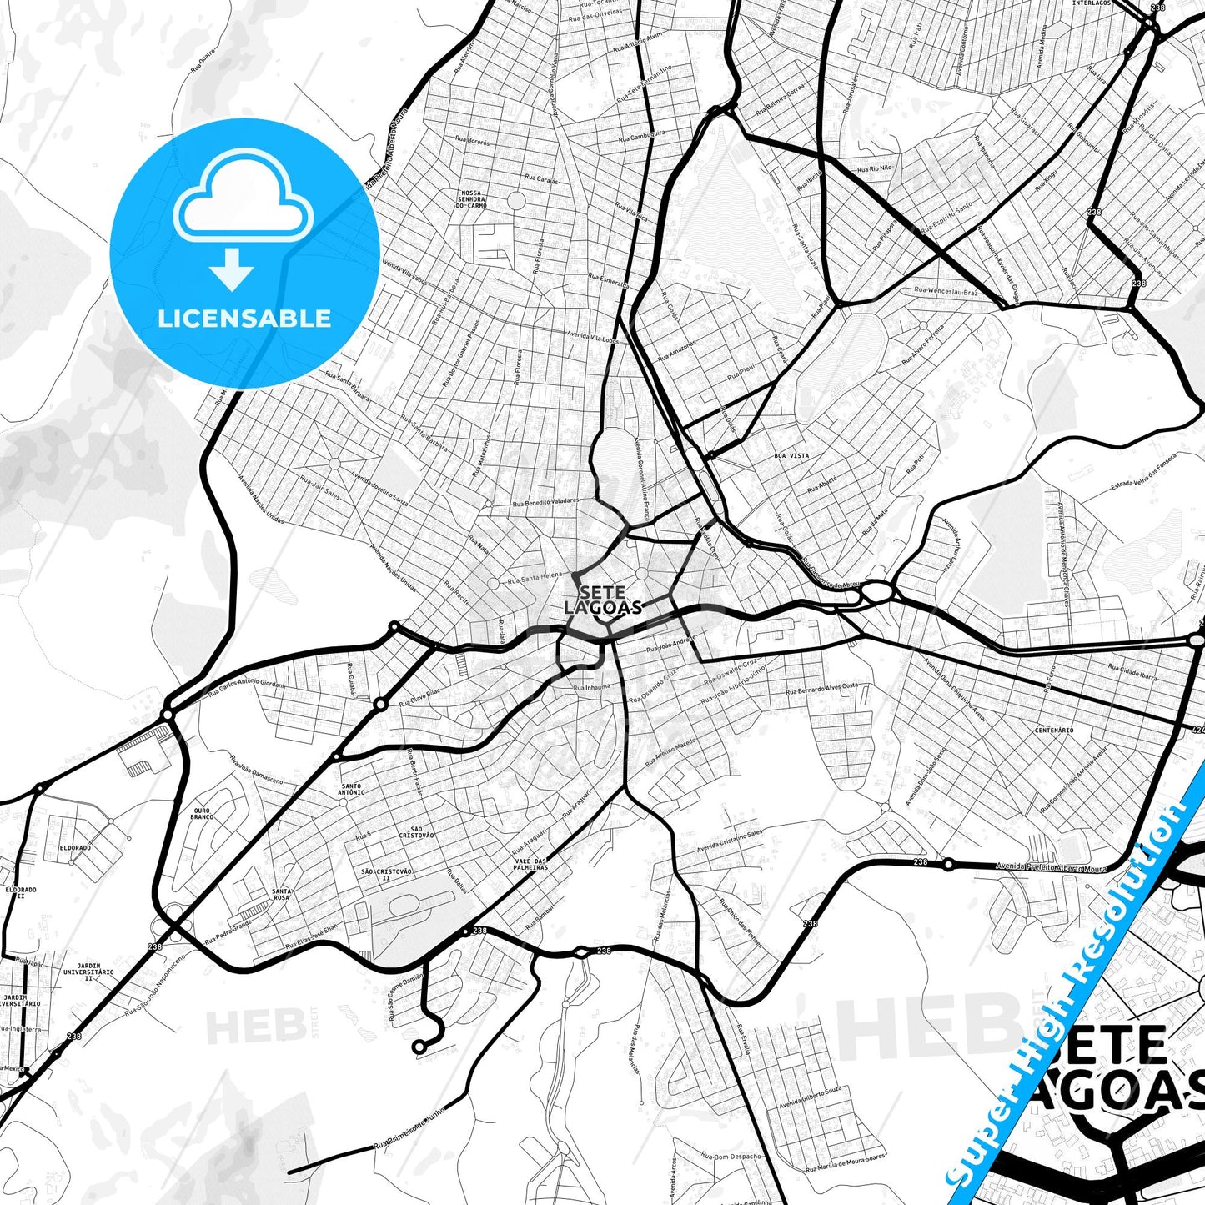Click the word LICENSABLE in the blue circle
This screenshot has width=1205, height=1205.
click(x=244, y=319)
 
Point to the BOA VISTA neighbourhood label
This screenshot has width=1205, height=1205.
click(x=791, y=456)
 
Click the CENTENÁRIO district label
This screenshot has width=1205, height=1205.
click(x=1054, y=731)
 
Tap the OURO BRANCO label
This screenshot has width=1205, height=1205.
click(x=202, y=813)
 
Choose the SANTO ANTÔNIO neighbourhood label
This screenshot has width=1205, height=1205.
click(x=351, y=789)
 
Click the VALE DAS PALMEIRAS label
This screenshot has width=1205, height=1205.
click(x=531, y=864)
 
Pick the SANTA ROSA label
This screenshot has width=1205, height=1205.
click(x=281, y=894)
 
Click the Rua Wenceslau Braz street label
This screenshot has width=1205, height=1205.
click(x=946, y=291)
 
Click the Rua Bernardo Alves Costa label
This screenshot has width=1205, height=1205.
click(x=821, y=689)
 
